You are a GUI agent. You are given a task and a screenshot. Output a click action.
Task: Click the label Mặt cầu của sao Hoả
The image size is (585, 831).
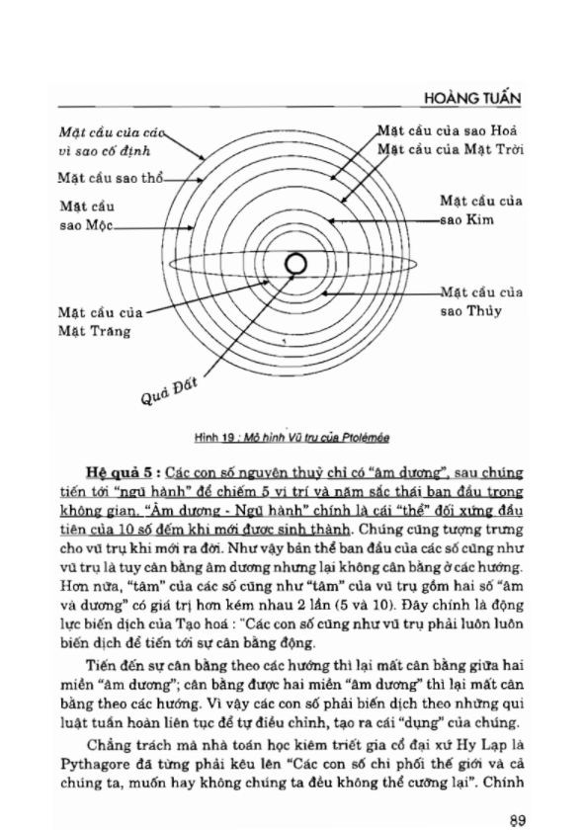450,130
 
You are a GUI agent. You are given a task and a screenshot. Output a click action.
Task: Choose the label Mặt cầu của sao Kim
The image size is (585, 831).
480,209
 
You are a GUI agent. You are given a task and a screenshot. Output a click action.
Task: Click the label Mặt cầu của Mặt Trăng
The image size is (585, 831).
98,322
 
